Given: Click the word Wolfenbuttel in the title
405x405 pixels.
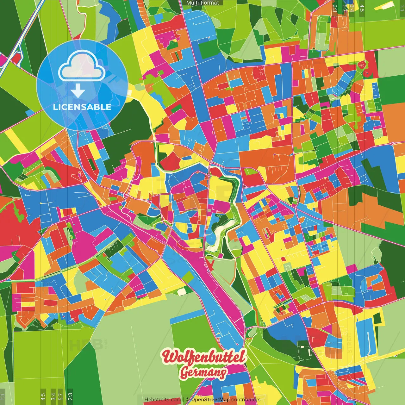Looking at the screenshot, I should [204, 357].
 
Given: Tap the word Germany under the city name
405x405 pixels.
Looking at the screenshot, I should [203, 373].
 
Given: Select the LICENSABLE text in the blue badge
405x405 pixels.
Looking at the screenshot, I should [82, 107].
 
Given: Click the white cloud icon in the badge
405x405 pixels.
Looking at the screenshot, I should [82, 65].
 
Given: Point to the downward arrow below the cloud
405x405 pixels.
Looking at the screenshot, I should [78, 91].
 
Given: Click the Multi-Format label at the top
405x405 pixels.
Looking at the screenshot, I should [202, 3].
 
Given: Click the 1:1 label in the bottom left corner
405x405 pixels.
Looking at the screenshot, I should [3, 397].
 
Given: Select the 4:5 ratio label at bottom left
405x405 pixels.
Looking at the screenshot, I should [43, 397].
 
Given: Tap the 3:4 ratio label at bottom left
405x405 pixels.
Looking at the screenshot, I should [53, 397].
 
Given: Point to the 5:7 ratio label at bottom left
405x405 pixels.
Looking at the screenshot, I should [61, 397].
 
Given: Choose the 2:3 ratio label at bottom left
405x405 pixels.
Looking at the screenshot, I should [70, 397].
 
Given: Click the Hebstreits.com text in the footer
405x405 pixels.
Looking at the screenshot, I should [162, 400].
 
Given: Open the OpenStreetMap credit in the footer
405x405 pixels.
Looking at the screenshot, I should [210, 400].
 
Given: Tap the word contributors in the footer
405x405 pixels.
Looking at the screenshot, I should [246, 400].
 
